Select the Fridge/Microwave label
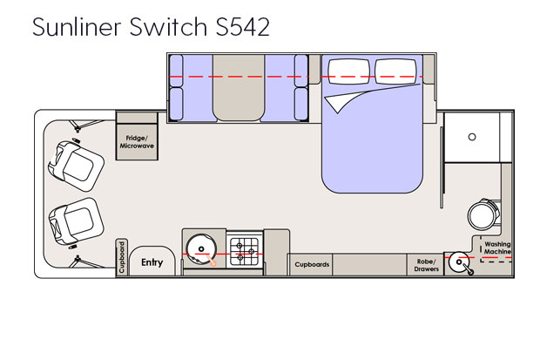[137, 143]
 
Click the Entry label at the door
[152, 262]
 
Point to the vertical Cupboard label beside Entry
[122, 257]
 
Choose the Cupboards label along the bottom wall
[312, 264]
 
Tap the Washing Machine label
[497, 248]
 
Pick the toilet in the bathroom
[481, 212]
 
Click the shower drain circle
[471, 137]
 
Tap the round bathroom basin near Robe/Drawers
[458, 263]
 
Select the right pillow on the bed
[398, 71]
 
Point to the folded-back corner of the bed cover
[341, 104]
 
